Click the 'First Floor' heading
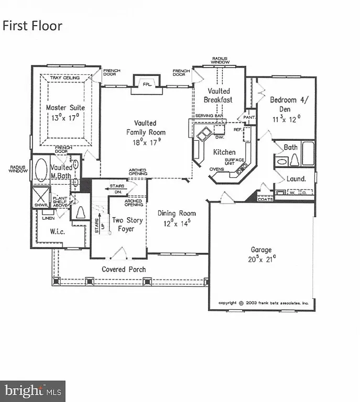pos(32,26)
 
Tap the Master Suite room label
pos(66,108)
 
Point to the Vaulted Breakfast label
pos(218,95)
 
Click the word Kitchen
pos(224,152)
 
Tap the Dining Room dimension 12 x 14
pos(177,222)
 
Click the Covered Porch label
pos(124,269)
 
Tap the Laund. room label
pos(296,179)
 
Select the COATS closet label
pos(265,199)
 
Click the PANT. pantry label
pos(249,117)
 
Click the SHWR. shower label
pos(41,206)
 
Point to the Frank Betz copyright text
pos(264,303)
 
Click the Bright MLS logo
pos(33,390)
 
